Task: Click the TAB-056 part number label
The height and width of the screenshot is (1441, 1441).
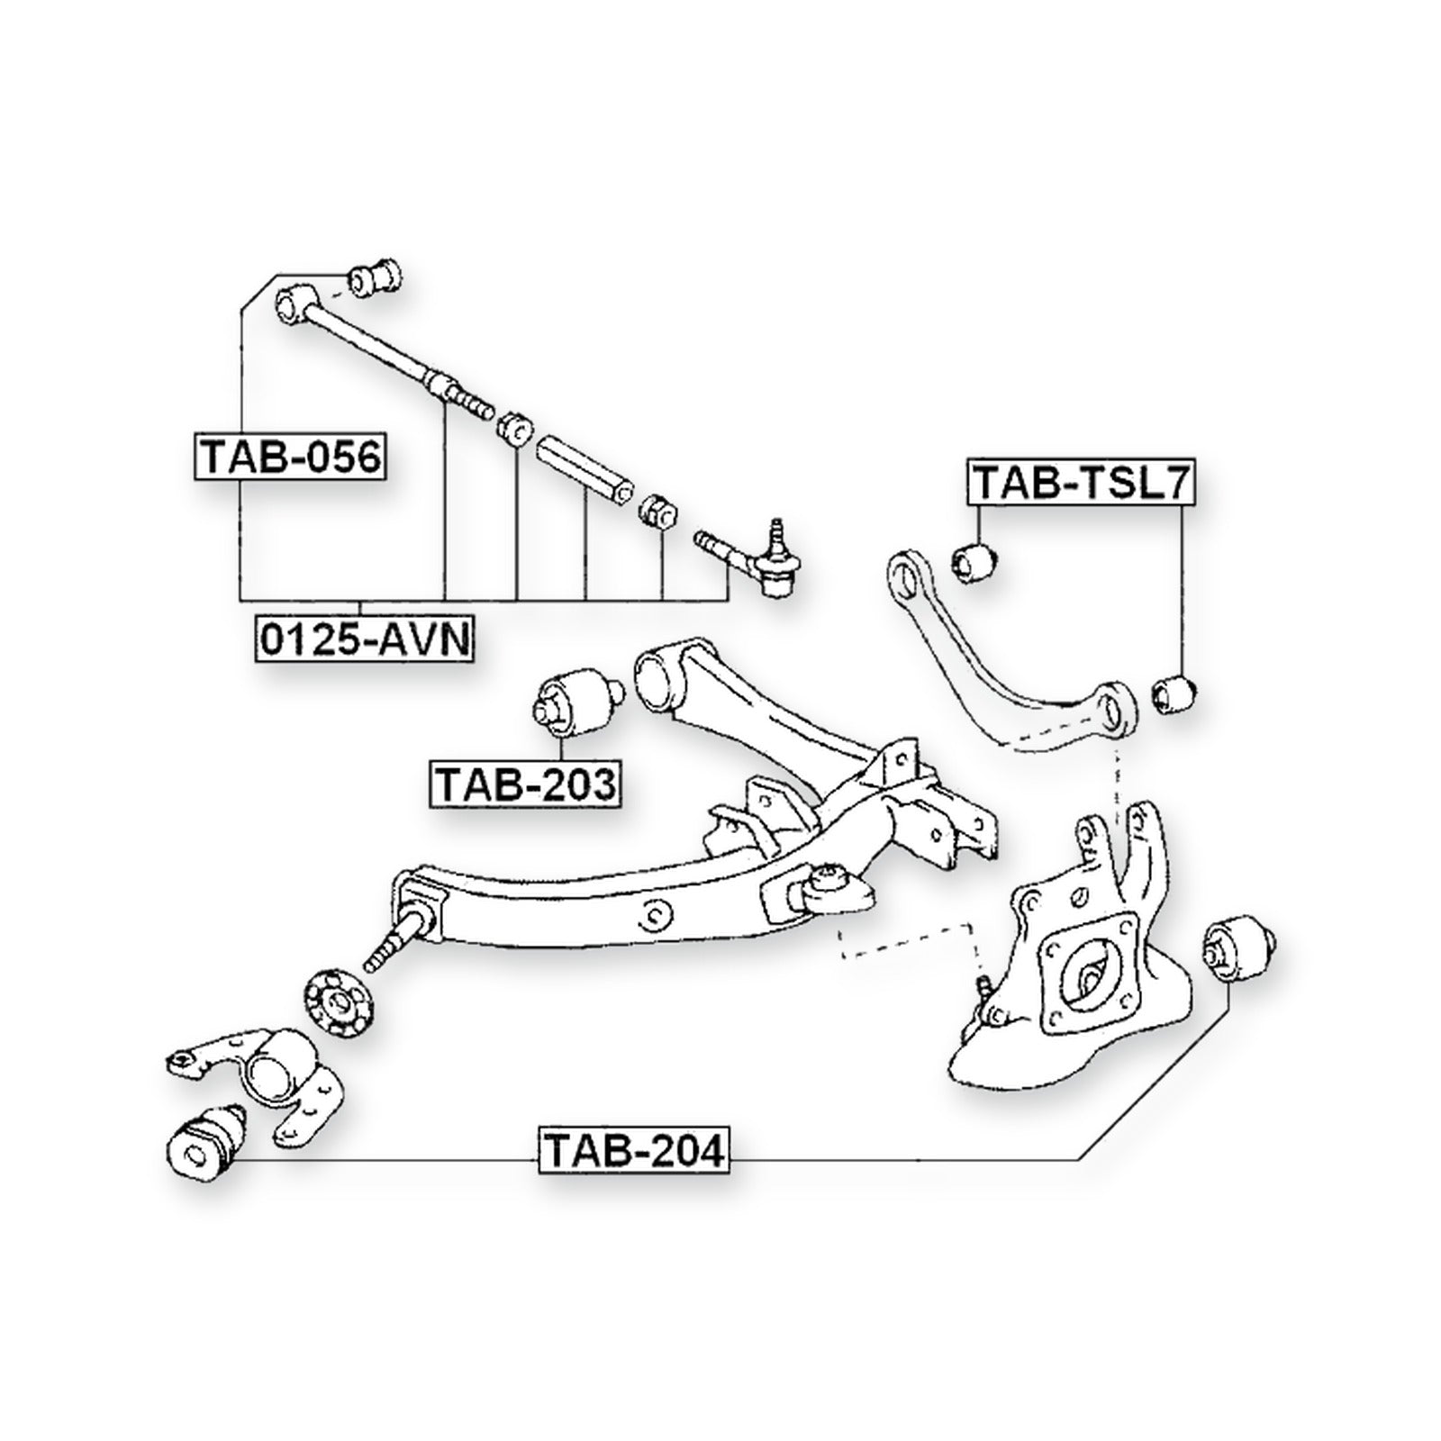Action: [x=290, y=458]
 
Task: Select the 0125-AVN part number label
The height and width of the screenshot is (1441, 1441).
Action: [x=365, y=639]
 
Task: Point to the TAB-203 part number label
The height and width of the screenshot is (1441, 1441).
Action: [x=526, y=784]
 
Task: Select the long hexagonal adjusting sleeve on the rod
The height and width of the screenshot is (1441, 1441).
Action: [x=582, y=473]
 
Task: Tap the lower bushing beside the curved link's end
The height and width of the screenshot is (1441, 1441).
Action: [x=1174, y=692]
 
